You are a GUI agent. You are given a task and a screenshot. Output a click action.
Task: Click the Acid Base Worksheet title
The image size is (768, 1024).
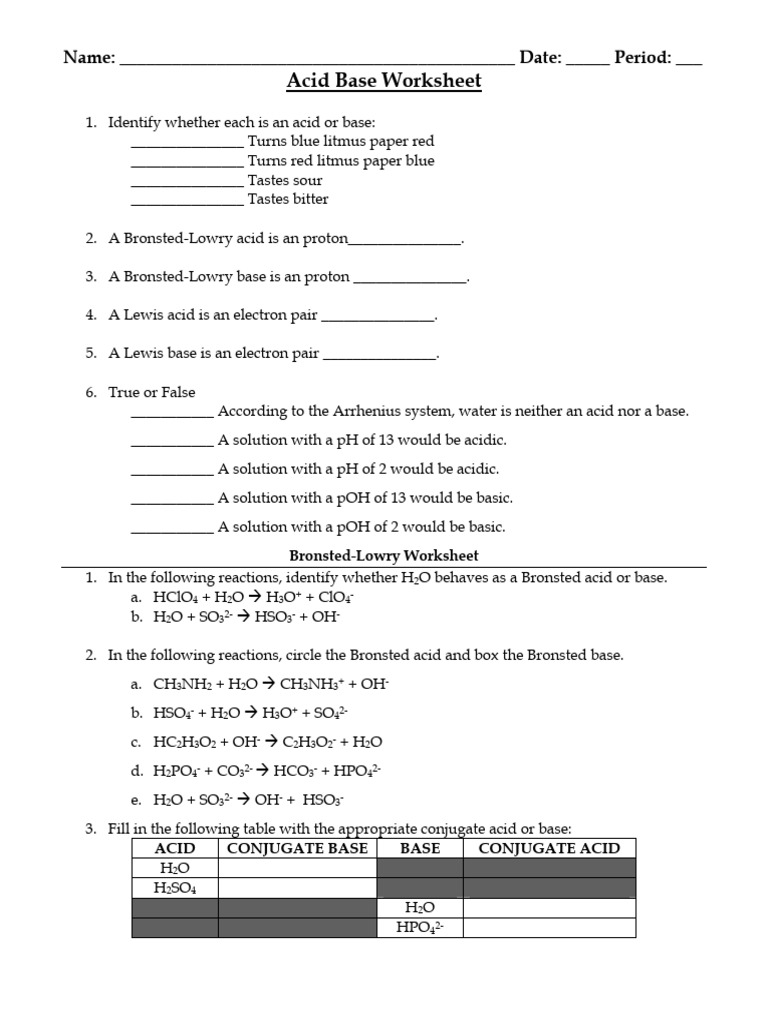pos(384,81)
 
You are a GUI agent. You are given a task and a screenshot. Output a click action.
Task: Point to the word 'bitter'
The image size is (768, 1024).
pos(309,199)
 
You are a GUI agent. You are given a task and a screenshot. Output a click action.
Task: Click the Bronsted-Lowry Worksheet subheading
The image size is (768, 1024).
pos(384,555)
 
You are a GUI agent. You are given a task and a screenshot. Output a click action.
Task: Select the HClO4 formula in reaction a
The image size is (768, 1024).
pos(176,598)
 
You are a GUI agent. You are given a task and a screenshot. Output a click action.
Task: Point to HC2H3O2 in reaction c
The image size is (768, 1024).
pos(183,742)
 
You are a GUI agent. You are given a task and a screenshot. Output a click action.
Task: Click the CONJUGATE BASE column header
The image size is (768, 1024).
pos(297,848)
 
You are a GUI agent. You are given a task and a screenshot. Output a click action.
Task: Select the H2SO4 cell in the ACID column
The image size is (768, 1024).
pos(174,888)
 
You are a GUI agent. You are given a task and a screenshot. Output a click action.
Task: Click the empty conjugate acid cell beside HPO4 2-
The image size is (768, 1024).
pos(549,928)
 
